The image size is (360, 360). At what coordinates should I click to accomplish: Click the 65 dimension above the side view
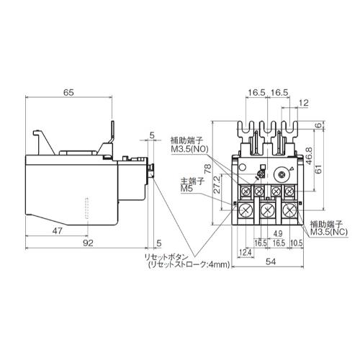tap(68, 92)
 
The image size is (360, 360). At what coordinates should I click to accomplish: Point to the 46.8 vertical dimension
tap(308, 160)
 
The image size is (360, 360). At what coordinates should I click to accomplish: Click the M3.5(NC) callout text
tap(330, 233)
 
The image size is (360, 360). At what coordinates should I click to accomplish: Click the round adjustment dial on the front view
tap(279, 173)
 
